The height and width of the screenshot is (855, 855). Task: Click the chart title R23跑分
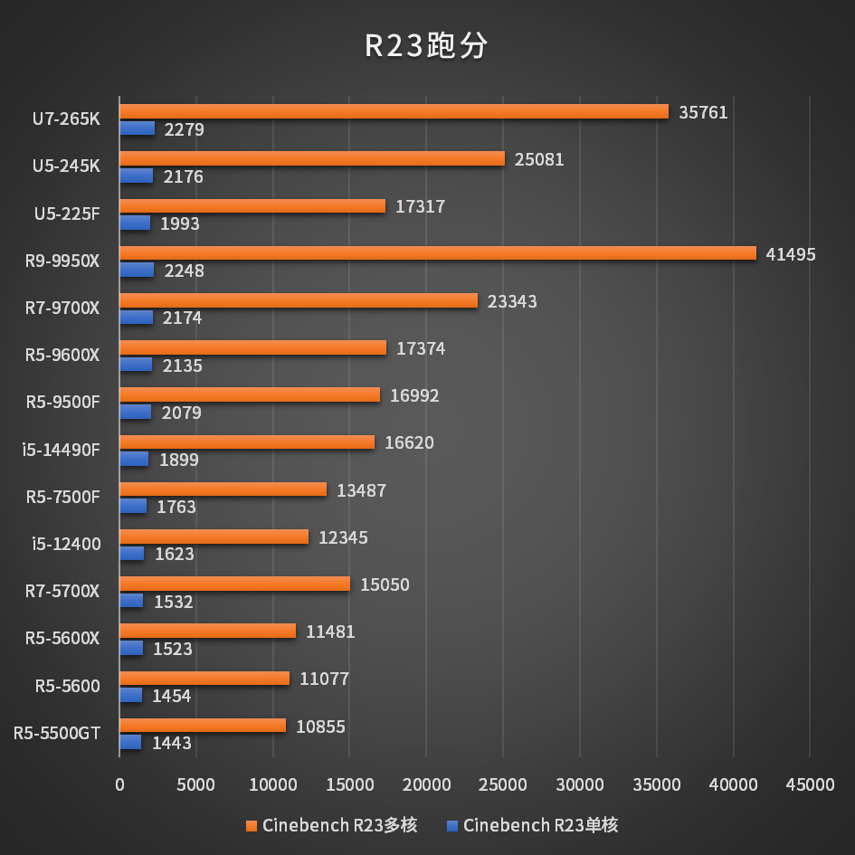[426, 46]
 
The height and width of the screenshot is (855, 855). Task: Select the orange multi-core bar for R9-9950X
[437, 253]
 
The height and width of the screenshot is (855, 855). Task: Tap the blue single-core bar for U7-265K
[138, 128]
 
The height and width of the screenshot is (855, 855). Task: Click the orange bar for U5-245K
[312, 158]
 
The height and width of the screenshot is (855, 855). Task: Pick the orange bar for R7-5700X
[234, 584]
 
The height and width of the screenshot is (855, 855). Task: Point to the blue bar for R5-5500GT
[130, 742]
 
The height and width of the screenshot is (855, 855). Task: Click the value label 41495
[790, 254]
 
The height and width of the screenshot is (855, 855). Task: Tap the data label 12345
[343, 537]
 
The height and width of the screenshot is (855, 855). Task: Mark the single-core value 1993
[179, 223]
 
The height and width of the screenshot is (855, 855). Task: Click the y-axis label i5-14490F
[62, 450]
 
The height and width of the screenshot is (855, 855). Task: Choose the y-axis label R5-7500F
[62, 497]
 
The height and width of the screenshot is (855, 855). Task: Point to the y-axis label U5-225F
[67, 214]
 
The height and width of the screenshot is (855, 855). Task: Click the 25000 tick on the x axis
[502, 785]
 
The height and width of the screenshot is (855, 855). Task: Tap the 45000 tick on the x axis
[809, 785]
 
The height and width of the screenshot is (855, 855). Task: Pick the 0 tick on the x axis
[119, 785]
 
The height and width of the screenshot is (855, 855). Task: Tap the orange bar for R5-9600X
[252, 347]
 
